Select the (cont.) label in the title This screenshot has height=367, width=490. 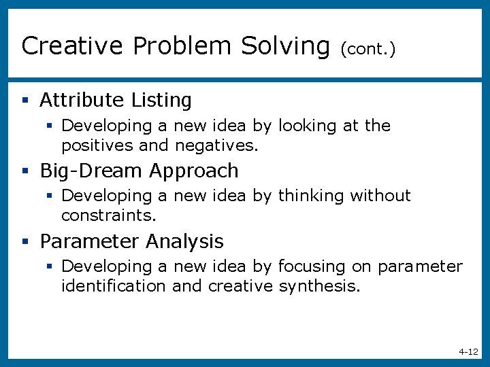tap(368, 48)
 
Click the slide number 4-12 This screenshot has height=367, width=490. tap(468, 352)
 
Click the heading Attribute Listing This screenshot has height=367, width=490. tap(116, 101)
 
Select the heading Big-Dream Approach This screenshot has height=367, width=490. tap(139, 171)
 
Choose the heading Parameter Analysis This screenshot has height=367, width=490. tap(131, 241)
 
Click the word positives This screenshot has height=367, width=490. tap(97, 145)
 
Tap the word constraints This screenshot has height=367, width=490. tap(108, 216)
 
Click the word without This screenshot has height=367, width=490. tap(380, 196)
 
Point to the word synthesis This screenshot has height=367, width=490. tap(319, 287)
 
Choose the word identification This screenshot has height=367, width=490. tap(114, 286)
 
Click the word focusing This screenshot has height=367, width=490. tap(312, 267)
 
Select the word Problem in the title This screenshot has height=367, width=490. tap(182, 46)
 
